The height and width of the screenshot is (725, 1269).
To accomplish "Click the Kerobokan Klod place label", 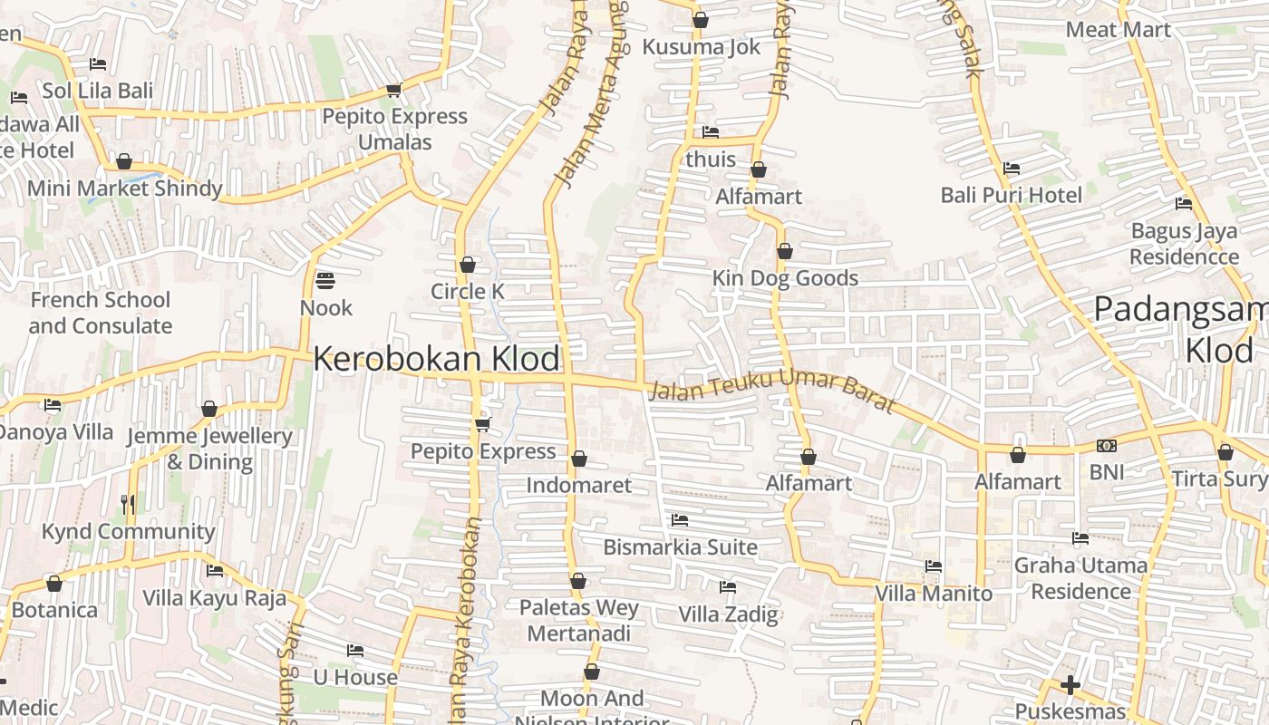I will [x=436, y=359].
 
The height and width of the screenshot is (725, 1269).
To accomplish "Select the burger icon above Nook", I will [x=325, y=280].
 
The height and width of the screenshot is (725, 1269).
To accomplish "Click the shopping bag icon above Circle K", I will [x=468, y=265].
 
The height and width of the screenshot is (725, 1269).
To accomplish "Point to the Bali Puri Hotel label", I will [x=1011, y=195].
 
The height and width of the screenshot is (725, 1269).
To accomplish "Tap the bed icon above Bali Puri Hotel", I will [x=1012, y=169].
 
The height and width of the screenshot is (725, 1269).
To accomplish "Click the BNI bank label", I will [x=1106, y=471].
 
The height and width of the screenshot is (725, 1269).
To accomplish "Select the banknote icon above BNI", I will [x=1106, y=446].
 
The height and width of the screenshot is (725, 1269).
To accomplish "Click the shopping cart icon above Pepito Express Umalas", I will [x=394, y=90].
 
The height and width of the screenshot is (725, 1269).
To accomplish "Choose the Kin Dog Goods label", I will [x=785, y=277].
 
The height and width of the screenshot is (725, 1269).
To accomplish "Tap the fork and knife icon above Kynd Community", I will [x=128, y=504].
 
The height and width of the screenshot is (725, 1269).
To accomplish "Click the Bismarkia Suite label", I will [x=680, y=546].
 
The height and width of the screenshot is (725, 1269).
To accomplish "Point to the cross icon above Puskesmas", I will [x=1070, y=685].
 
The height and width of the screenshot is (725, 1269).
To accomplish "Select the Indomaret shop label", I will [x=579, y=485].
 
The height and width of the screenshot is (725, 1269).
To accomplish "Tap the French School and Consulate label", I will [x=100, y=313].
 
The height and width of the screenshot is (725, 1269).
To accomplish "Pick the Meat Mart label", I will [x=1118, y=29].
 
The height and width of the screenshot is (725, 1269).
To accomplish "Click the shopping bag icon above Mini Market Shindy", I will [x=124, y=162].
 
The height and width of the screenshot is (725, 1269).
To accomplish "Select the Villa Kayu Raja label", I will [x=214, y=598].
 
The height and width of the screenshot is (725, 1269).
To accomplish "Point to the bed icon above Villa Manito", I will [x=934, y=566].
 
